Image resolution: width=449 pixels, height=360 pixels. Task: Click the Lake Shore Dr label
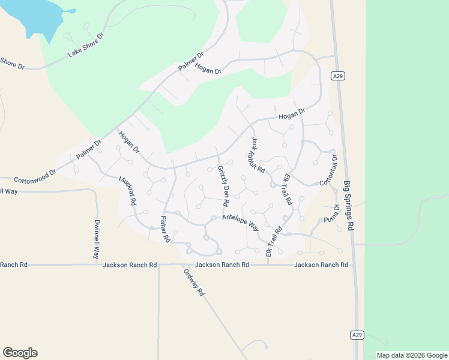click(86, 45)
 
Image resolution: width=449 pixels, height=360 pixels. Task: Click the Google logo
click(20, 353)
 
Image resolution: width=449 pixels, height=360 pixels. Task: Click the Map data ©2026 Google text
click(412, 355)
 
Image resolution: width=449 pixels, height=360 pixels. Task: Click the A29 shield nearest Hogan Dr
click(338, 76)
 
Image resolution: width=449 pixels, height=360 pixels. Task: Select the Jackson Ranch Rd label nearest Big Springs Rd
click(321, 265)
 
